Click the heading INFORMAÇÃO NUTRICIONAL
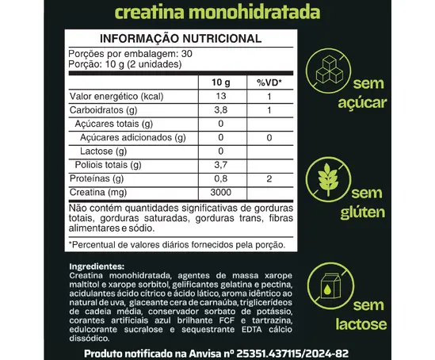point(180,39)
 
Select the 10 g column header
point(221,82)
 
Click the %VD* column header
point(269,82)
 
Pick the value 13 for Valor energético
point(221,96)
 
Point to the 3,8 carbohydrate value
point(221,110)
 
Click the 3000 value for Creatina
point(221,193)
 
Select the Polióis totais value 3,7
point(221,165)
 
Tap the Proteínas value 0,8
point(221,179)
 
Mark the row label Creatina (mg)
point(98,193)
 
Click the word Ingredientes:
point(97,266)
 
